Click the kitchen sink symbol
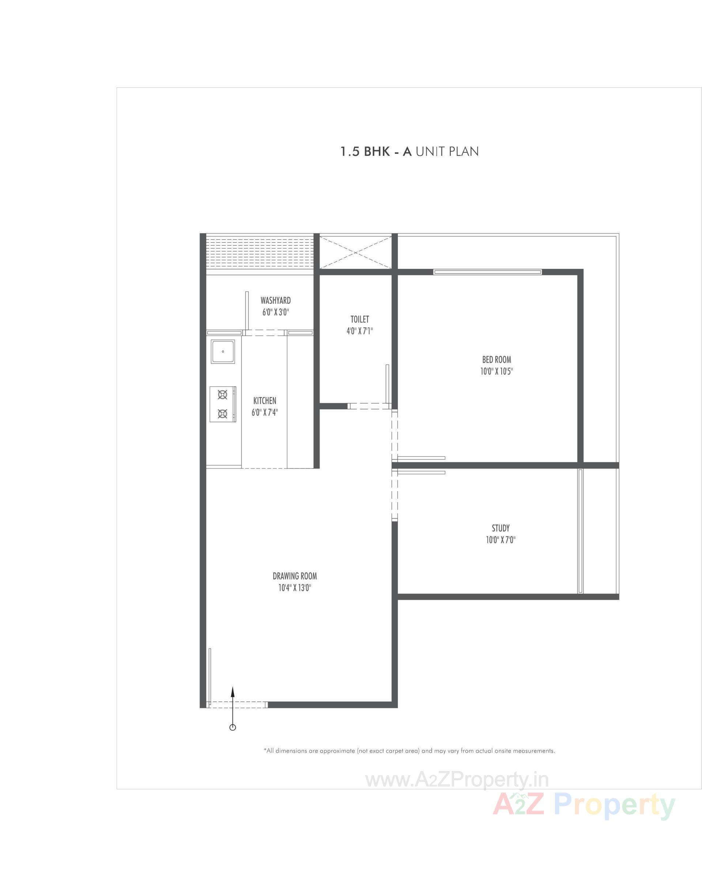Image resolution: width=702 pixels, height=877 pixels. pyautogui.click(x=223, y=352)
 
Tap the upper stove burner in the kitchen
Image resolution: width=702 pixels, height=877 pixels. pyautogui.click(x=223, y=394)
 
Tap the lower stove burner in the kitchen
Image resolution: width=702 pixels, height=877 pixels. pyautogui.click(x=223, y=414)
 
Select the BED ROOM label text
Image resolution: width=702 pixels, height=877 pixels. pyautogui.click(x=497, y=360)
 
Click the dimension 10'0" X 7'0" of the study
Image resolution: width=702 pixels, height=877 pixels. pyautogui.click(x=501, y=540)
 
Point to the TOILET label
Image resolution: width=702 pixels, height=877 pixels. pyautogui.click(x=360, y=319)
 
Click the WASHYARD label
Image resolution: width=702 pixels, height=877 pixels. pyautogui.click(x=276, y=301)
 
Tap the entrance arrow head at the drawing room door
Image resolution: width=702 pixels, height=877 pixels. pyautogui.click(x=233, y=691)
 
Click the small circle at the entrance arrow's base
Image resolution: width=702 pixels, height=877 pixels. pyautogui.click(x=233, y=727)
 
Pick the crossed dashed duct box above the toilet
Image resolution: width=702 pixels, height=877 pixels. pyautogui.click(x=355, y=253)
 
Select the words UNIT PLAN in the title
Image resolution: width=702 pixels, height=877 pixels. pyautogui.click(x=447, y=152)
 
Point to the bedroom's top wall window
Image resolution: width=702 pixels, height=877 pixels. pyautogui.click(x=487, y=272)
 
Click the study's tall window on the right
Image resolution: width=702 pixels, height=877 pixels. pyautogui.click(x=581, y=531)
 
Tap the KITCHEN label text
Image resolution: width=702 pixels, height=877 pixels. pyautogui.click(x=264, y=400)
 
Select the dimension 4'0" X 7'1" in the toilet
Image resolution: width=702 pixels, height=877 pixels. pyautogui.click(x=360, y=331)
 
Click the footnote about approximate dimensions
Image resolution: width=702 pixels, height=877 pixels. pyautogui.click(x=409, y=751)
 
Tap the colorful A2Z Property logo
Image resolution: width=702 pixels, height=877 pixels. pyautogui.click(x=584, y=806)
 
